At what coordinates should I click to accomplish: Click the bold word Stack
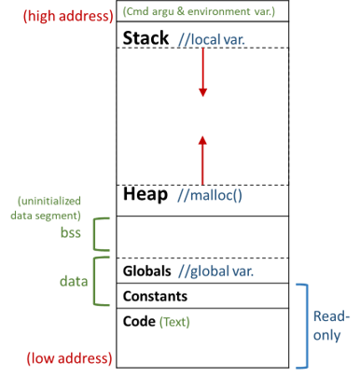145,38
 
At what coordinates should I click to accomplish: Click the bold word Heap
144,195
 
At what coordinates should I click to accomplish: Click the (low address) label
69,358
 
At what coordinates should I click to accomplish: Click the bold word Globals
146,271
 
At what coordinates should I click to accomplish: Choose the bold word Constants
155,296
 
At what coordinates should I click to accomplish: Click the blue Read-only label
333,326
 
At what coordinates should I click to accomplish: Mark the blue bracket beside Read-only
304,326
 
